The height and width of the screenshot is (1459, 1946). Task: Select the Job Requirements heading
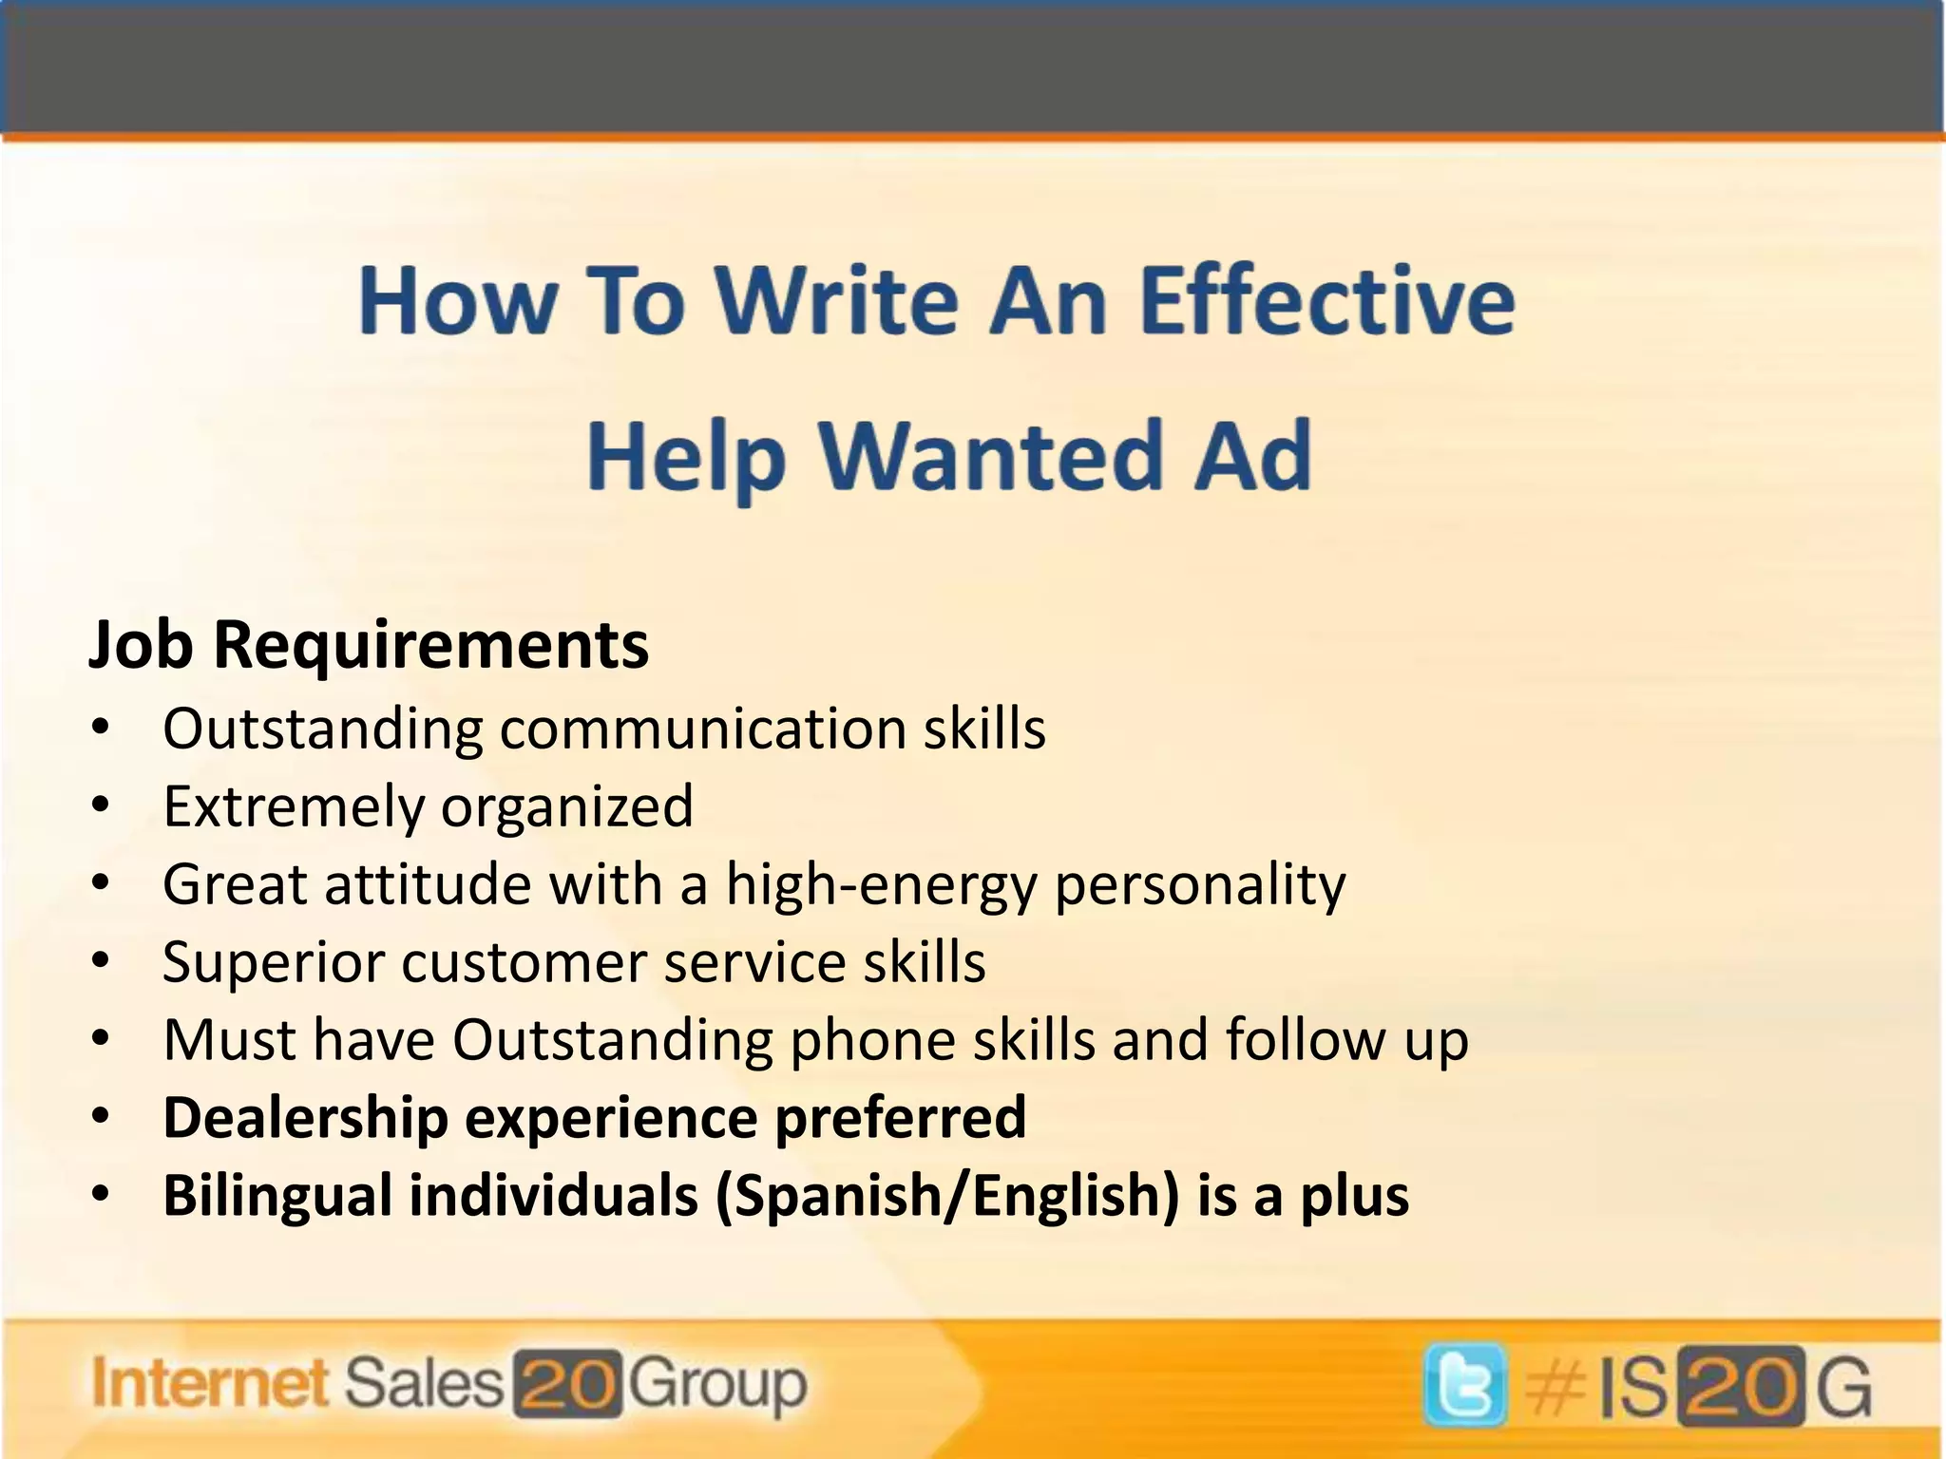click(369, 645)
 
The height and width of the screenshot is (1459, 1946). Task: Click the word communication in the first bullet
click(703, 729)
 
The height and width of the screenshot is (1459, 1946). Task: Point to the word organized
click(567, 807)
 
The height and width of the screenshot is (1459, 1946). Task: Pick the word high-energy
click(881, 885)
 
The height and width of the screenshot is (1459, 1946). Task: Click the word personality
click(1200, 885)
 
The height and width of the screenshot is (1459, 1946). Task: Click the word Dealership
click(306, 1117)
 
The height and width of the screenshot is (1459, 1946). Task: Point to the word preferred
click(901, 1117)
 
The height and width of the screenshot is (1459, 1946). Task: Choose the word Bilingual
click(277, 1195)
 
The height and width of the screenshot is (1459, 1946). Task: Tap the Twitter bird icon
click(1464, 1385)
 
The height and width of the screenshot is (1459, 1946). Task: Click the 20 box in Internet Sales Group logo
click(567, 1384)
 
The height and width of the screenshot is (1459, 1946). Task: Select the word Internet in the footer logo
click(210, 1383)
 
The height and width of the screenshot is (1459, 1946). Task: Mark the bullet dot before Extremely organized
click(102, 806)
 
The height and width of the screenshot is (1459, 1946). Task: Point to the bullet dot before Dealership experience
click(102, 1117)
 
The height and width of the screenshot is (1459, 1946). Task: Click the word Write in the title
click(836, 302)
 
